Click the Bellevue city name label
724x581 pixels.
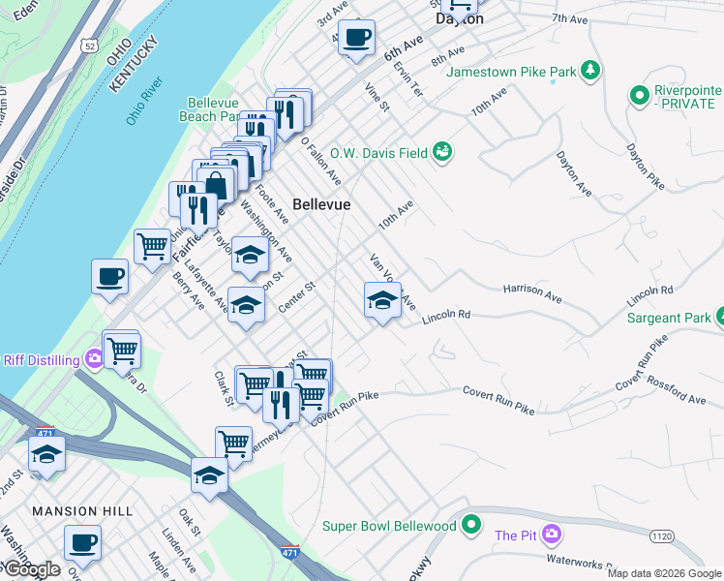pyautogui.click(x=321, y=205)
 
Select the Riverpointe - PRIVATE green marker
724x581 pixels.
pyautogui.click(x=639, y=96)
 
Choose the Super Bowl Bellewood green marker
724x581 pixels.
pyautogui.click(x=471, y=525)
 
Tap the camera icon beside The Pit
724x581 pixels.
pyautogui.click(x=552, y=535)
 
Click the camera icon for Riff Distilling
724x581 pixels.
pyautogui.click(x=94, y=360)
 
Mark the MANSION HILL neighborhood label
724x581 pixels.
pyautogui.click(x=77, y=510)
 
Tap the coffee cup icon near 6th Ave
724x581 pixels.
pyautogui.click(x=356, y=38)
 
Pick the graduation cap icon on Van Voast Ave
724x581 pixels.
pyautogui.click(x=382, y=300)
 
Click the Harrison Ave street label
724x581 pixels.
pyautogui.click(x=532, y=290)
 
